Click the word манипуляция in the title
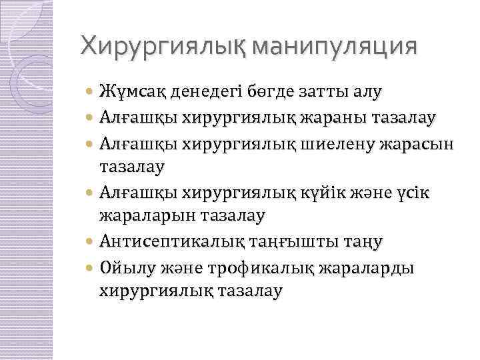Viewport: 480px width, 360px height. click(x=339, y=47)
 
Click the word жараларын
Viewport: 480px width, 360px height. click(x=142, y=215)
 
